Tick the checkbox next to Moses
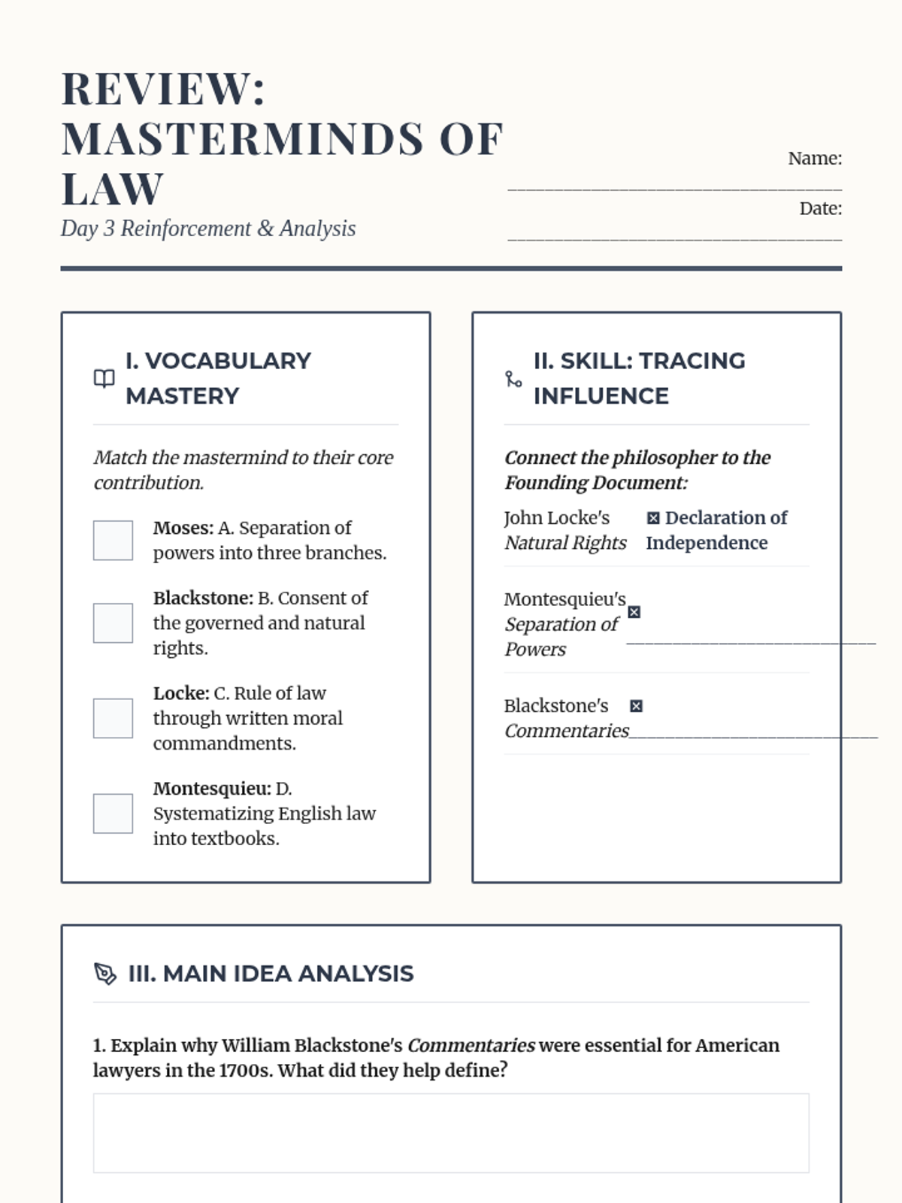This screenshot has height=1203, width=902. [x=113, y=540]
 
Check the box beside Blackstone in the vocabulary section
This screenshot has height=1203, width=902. [x=113, y=623]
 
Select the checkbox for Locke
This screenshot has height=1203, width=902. [x=113, y=718]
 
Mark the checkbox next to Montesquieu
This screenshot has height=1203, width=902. [x=113, y=814]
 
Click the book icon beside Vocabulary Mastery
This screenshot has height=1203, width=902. [x=104, y=378]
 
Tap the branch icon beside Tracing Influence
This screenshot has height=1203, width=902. [x=513, y=379]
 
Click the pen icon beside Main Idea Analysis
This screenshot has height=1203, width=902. [x=105, y=974]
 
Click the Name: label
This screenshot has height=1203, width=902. [x=814, y=159]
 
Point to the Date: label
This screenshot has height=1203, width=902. [x=820, y=209]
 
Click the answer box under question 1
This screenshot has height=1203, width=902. [x=451, y=1133]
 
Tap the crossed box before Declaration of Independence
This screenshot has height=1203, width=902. [x=653, y=518]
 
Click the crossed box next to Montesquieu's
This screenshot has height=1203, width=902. [x=634, y=612]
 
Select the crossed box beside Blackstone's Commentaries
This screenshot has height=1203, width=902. [x=637, y=706]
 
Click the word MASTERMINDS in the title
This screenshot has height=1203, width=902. [x=242, y=139]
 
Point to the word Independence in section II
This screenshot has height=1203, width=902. [x=707, y=543]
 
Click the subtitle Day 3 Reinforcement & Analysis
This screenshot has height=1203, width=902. [x=208, y=229]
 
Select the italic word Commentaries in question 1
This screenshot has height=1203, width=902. [x=471, y=1046]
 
